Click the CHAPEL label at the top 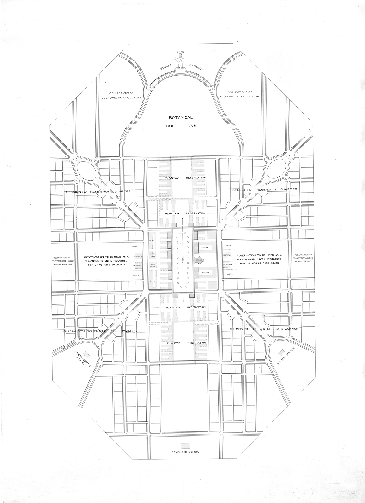[x=180, y=52]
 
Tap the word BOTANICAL [x=181, y=117]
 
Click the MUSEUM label [x=205, y=272]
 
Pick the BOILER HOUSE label [x=152, y=255]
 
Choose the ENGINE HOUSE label [x=152, y=265]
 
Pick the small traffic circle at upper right [x=288, y=157]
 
